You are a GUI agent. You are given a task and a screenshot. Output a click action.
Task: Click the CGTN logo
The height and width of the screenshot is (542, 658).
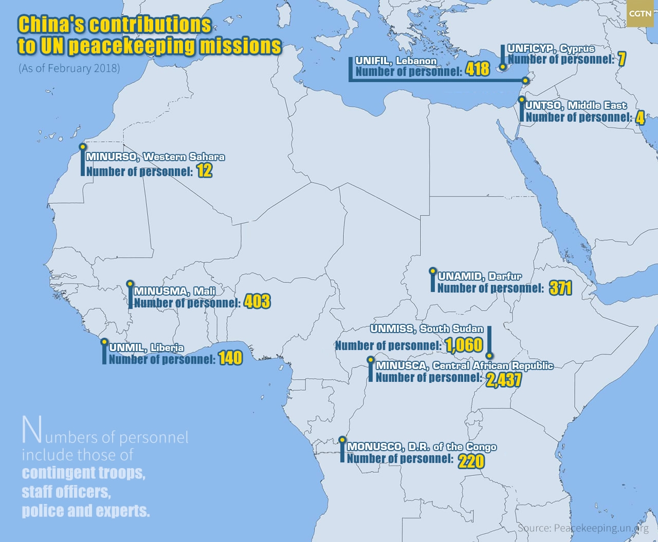640,14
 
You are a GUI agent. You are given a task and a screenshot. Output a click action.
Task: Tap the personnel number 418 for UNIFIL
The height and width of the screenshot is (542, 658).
478,69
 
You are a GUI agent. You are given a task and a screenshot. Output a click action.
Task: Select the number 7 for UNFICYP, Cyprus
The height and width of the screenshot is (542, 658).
622,59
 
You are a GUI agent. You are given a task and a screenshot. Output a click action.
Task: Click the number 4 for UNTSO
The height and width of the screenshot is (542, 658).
639,118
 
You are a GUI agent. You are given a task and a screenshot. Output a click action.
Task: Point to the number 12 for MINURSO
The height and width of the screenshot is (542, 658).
204,170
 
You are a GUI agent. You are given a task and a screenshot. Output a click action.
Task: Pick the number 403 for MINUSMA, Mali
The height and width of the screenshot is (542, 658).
257,301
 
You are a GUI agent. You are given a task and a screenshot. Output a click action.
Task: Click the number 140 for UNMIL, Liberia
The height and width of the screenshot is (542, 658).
230,358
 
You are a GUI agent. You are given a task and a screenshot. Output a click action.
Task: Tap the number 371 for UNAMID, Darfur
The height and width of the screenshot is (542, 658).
560,288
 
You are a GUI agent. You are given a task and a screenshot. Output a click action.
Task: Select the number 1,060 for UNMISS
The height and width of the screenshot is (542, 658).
464,345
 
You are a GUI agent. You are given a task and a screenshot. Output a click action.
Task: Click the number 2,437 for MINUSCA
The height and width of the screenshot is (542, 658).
504,379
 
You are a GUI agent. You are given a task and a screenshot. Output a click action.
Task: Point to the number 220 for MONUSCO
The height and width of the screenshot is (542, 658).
471,461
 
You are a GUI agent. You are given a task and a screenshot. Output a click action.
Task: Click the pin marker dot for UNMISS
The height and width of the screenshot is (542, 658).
489,355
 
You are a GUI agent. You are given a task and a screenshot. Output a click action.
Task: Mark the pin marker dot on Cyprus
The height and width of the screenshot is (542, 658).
503,67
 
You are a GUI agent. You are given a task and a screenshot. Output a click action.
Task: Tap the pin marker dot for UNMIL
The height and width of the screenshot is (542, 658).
104,341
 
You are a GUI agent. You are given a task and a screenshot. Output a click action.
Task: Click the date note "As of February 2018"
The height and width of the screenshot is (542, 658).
69,68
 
